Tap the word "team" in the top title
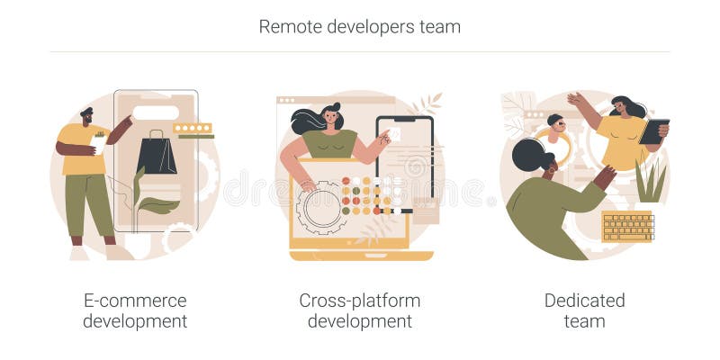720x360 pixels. click(439, 27)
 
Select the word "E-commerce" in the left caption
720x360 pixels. click(135, 301)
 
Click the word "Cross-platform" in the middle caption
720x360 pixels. click(360, 301)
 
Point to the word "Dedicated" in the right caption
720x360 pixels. click(584, 301)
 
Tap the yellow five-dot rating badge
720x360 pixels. click(193, 129)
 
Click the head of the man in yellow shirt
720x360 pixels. click(85, 116)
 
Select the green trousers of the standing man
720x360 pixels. click(89, 202)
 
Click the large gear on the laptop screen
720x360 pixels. click(321, 207)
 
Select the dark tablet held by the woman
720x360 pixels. click(653, 131)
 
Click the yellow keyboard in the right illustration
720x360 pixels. click(627, 226)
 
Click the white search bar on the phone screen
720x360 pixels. click(155, 113)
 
